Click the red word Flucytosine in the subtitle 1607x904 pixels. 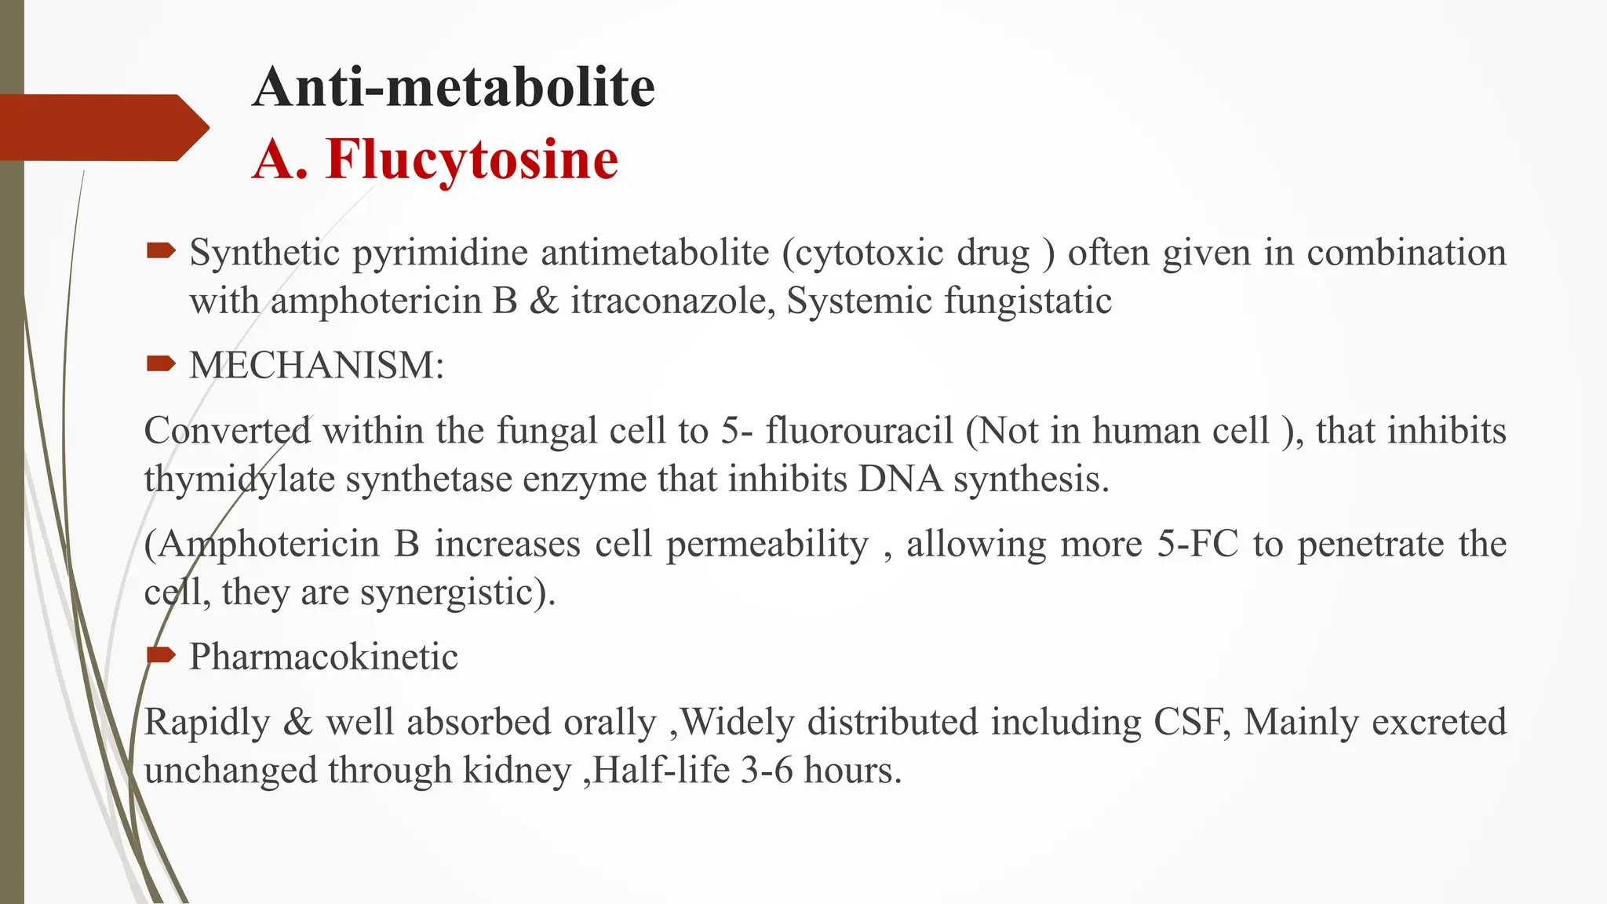472,159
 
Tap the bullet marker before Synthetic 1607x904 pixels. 161,251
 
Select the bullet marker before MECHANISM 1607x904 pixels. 161,363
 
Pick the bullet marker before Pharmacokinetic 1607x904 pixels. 161,654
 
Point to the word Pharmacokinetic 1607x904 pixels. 323,656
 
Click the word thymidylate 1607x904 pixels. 239,479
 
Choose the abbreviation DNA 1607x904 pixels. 900,479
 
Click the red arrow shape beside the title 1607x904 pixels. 102,127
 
